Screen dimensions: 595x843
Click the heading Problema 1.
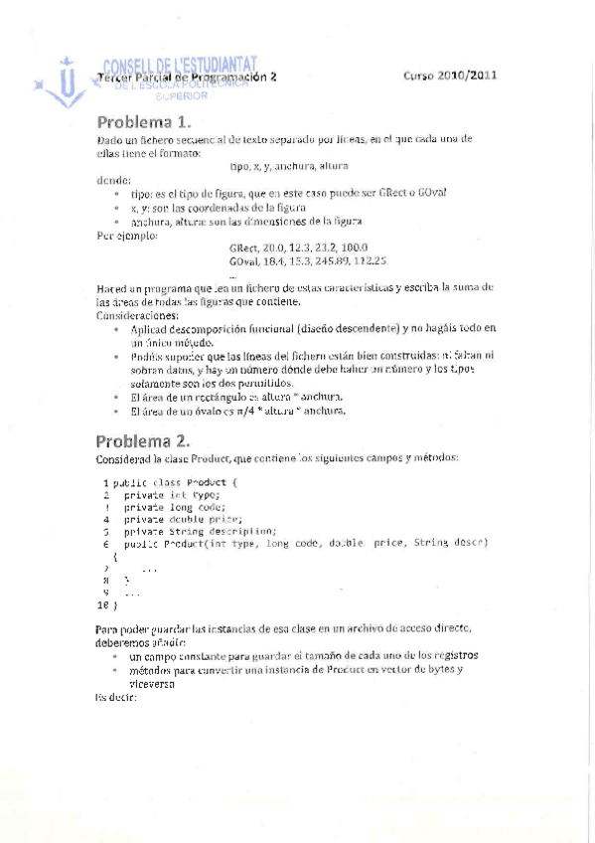click(x=143, y=123)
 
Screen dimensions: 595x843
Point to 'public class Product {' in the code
click(x=176, y=481)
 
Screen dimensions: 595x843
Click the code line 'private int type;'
click(x=170, y=494)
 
